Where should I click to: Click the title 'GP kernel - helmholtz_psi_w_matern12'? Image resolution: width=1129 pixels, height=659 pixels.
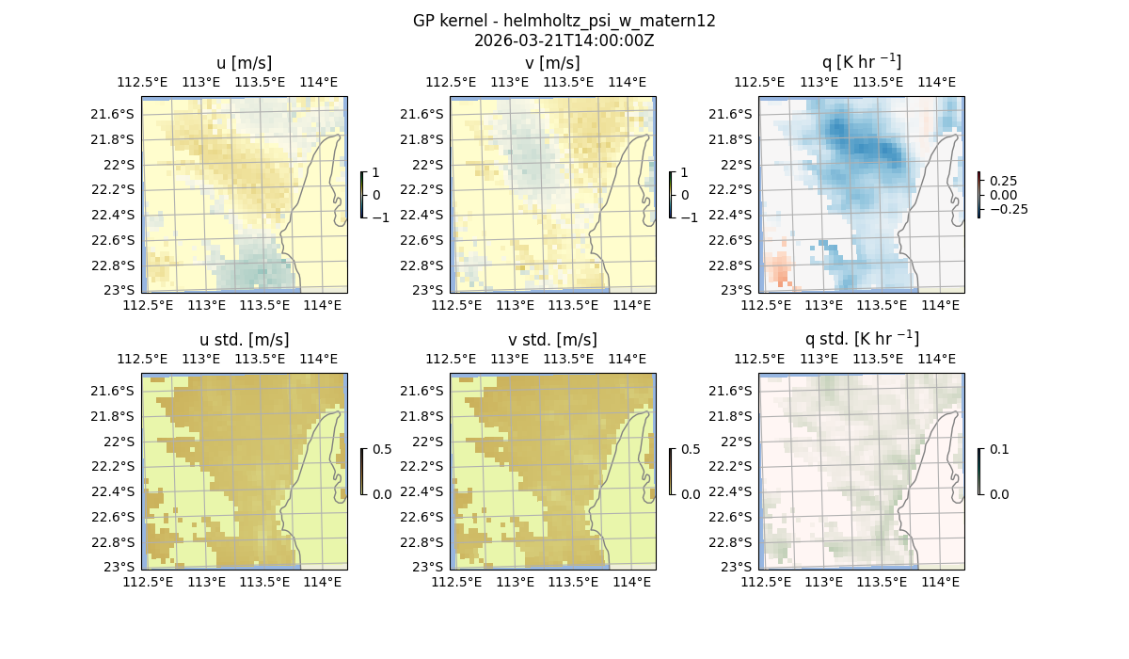[x=564, y=21]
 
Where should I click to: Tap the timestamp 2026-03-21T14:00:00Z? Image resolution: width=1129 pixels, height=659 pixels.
[x=564, y=40]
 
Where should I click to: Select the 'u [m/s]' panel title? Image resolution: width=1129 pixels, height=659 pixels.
[x=244, y=63]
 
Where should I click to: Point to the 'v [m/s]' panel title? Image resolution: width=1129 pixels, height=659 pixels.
[x=552, y=63]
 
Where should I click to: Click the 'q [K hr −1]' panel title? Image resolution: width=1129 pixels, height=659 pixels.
[x=861, y=62]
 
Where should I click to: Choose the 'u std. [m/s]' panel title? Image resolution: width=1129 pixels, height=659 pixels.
[x=244, y=340]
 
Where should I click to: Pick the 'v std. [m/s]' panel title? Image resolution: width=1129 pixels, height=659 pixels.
[x=552, y=340]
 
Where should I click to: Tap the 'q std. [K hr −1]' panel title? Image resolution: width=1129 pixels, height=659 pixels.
[x=861, y=339]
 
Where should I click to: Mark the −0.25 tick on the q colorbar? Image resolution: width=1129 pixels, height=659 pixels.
[x=1007, y=209]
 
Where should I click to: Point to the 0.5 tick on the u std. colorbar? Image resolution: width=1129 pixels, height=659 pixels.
[x=382, y=450]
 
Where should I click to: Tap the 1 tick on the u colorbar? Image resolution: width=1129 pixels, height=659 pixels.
[x=376, y=173]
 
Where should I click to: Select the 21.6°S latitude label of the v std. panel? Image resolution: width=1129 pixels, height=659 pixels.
[x=423, y=391]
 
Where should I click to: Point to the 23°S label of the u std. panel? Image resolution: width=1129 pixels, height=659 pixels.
[x=119, y=567]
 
